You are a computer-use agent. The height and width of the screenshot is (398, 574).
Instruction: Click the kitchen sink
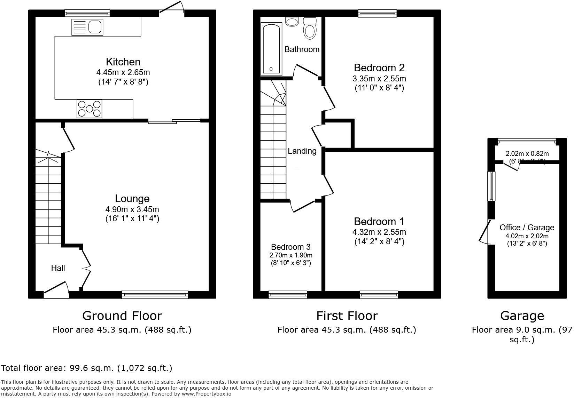[87, 27]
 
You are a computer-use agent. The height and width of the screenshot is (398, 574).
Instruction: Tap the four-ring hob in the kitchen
[90, 109]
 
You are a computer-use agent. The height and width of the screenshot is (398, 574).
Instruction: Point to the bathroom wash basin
[292, 22]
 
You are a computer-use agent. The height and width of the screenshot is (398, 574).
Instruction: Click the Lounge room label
[132, 199]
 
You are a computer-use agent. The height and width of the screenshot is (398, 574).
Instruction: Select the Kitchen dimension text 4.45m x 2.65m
[123, 73]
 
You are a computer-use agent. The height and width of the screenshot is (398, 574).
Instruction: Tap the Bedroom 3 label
[290, 247]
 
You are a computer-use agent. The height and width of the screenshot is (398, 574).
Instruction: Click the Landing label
[302, 151]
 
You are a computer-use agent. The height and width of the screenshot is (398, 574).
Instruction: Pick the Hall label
[58, 268]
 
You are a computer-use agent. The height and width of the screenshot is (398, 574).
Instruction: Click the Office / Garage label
[527, 228]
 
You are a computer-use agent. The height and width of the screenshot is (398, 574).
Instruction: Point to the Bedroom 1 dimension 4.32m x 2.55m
[379, 232]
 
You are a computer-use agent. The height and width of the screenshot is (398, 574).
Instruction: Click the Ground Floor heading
[122, 316]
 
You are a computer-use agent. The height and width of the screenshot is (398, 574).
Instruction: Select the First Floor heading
[347, 316]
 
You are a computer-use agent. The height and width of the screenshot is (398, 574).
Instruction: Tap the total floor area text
[87, 368]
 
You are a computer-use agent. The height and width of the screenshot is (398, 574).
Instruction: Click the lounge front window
[155, 295]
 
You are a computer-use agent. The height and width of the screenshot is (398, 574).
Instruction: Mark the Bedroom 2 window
[377, 13]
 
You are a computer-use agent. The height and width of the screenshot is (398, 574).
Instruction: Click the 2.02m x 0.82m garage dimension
[527, 154]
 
